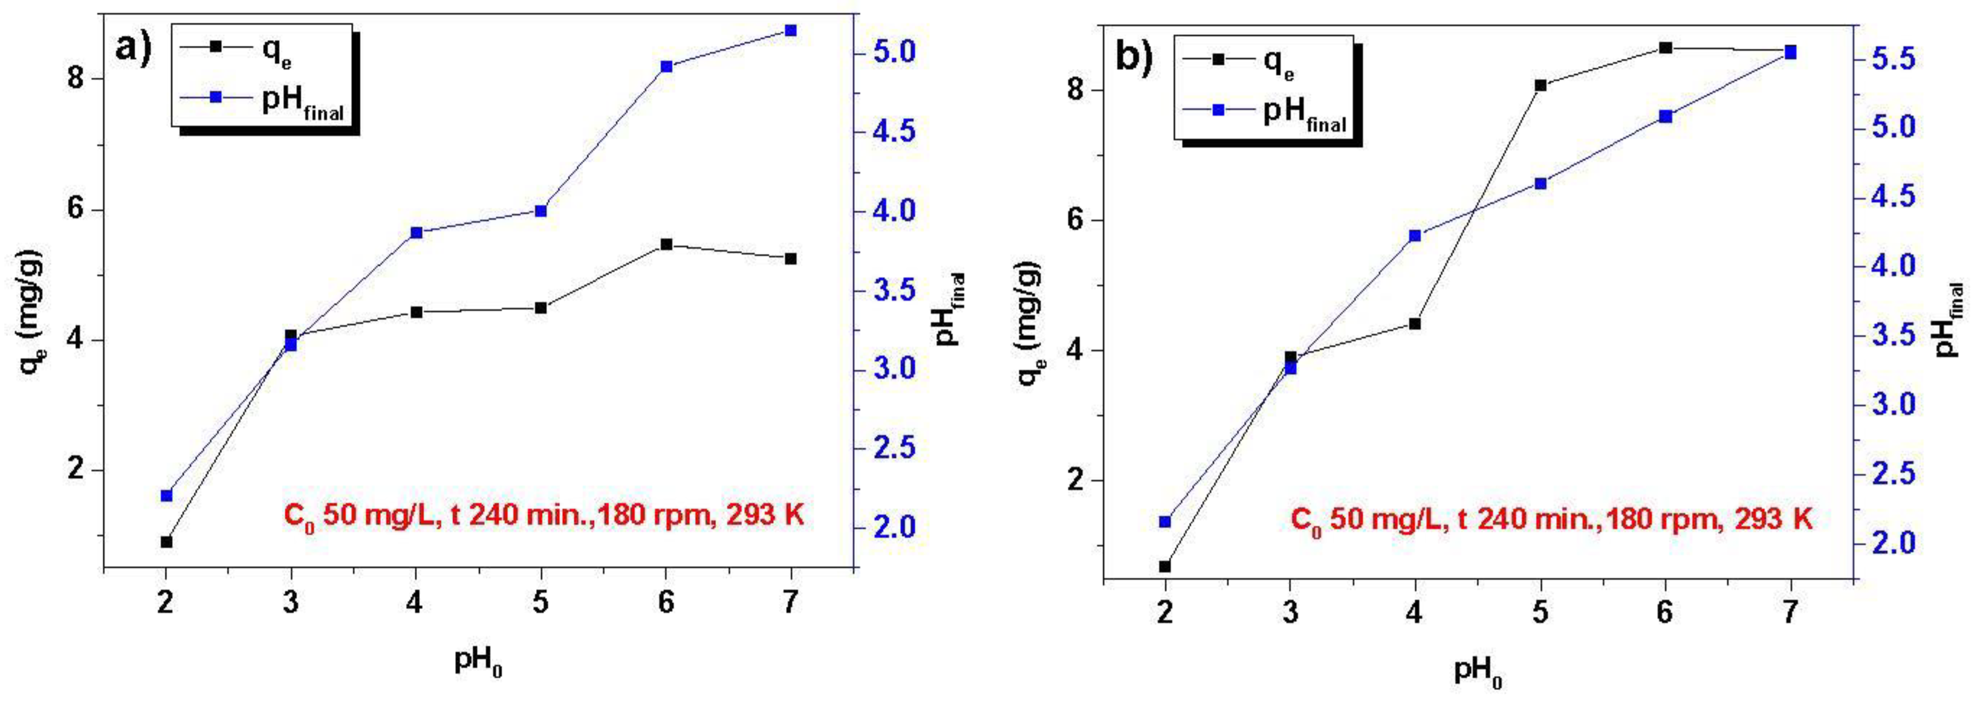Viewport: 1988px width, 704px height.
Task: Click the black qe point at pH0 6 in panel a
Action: click(666, 245)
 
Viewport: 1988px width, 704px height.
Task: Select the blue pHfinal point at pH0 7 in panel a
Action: click(789, 31)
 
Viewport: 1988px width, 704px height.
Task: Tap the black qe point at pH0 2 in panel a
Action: click(166, 542)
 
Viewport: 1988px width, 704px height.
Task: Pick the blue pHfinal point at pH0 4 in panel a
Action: click(416, 233)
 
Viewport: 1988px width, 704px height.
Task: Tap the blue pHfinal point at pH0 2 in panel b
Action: click(1165, 522)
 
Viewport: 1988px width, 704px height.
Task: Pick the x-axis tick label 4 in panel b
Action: click(1414, 613)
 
